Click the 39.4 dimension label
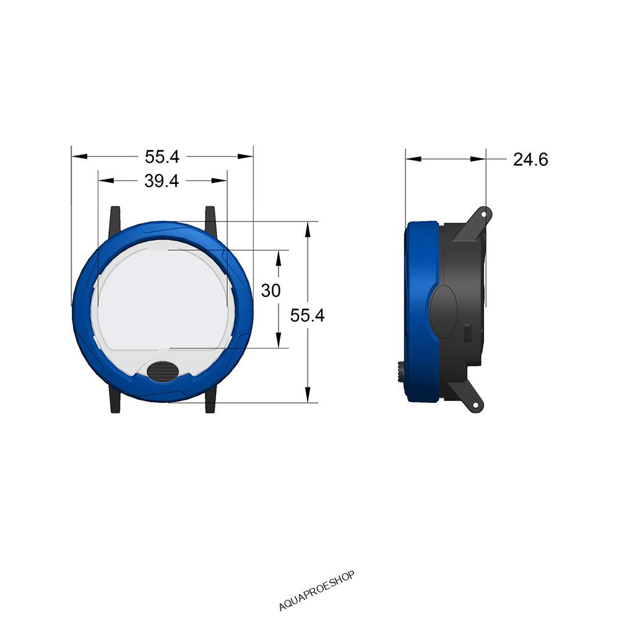click(x=162, y=181)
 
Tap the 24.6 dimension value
click(x=530, y=160)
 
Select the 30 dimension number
click(x=271, y=290)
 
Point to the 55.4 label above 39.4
click(x=162, y=157)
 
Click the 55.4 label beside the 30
click(x=307, y=316)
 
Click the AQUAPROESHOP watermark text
click(x=316, y=591)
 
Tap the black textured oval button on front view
click(x=163, y=371)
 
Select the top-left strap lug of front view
click(x=115, y=220)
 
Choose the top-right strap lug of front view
click(x=210, y=220)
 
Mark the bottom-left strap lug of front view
click(x=115, y=399)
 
